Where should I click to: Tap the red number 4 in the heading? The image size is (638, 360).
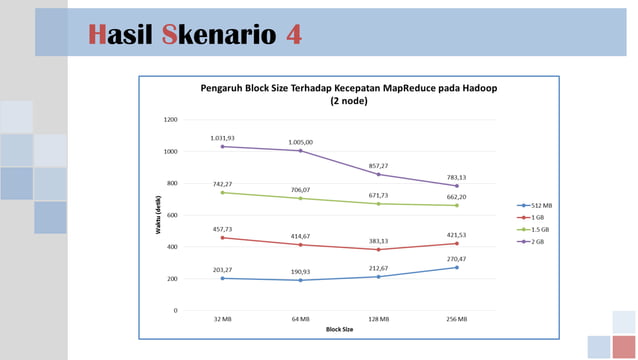293,35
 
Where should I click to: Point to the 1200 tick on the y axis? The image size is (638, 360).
170,120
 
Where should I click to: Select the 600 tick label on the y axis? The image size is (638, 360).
172,215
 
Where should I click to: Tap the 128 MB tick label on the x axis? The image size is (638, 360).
379,319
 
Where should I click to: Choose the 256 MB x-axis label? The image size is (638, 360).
457,319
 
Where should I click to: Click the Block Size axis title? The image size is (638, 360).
339,328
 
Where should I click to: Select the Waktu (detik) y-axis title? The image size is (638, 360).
158,216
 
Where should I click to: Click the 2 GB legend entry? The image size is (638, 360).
535,241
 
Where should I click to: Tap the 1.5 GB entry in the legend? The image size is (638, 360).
536,229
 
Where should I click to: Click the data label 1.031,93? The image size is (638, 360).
222,138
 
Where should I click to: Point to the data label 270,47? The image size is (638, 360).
457,259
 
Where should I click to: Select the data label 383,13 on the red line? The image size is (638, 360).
379,241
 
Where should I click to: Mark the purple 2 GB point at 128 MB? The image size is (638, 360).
379,174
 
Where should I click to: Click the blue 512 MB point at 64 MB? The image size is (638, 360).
300,280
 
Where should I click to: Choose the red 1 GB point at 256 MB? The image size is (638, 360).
457,243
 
